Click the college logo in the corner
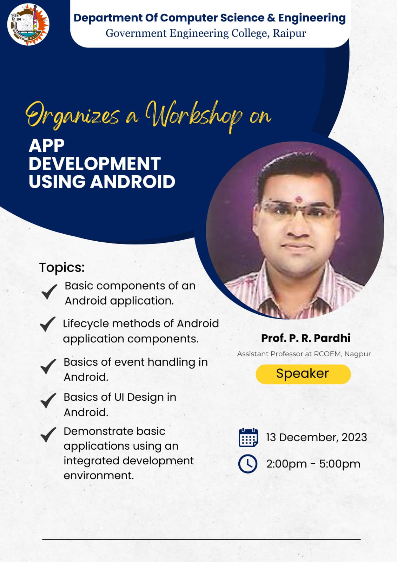pyautogui.click(x=28, y=24)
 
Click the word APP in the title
pyautogui.click(x=47, y=145)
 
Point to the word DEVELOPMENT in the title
pyautogui.click(x=95, y=164)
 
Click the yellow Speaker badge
pyautogui.click(x=303, y=374)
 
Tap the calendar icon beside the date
pyautogui.click(x=248, y=438)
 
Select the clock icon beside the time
pyautogui.click(x=248, y=464)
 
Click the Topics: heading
pyautogui.click(x=62, y=267)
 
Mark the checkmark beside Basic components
pyautogui.click(x=49, y=292)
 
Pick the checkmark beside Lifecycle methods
pyautogui.click(x=48, y=324)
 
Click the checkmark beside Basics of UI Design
pyautogui.click(x=48, y=400)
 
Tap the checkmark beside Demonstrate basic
pyautogui.click(x=48, y=434)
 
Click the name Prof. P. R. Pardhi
pyautogui.click(x=306, y=338)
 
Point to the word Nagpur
pyautogui.click(x=357, y=354)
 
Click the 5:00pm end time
pyautogui.click(x=339, y=464)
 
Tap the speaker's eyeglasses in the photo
pyautogui.click(x=298, y=210)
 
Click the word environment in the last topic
pyautogui.click(x=99, y=476)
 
